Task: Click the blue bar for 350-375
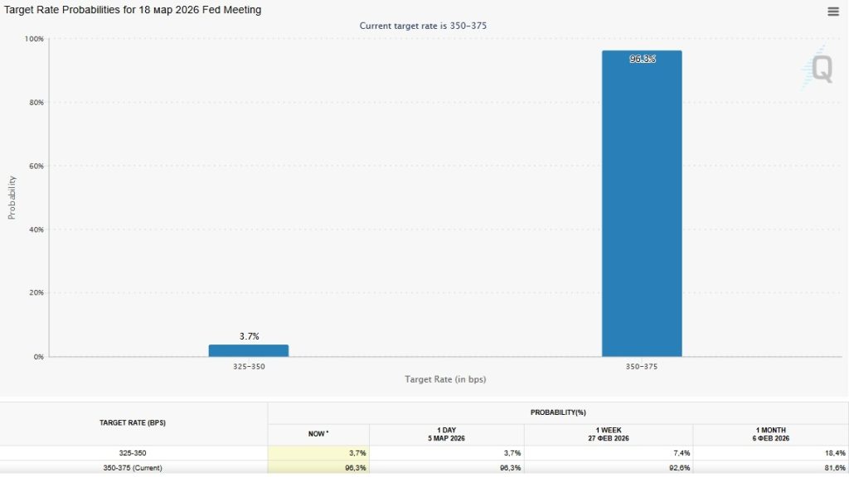point(642,207)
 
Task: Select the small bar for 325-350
point(249,350)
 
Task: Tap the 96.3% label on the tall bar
point(643,59)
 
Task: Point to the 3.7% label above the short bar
point(250,336)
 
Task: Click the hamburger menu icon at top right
point(833,11)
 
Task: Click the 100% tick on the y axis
point(34,39)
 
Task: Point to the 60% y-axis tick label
point(36,166)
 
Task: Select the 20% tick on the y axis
point(36,293)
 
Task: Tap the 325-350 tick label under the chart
point(249,366)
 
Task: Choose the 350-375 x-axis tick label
point(642,366)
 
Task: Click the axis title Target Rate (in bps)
point(445,379)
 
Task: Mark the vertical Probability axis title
point(12,197)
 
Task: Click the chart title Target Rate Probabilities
point(133,10)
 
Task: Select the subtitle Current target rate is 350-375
point(423,26)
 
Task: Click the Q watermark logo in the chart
point(821,69)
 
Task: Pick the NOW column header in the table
point(318,434)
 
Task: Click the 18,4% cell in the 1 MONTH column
point(833,453)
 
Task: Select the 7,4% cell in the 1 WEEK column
point(679,453)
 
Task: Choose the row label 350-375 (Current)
point(133,468)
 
